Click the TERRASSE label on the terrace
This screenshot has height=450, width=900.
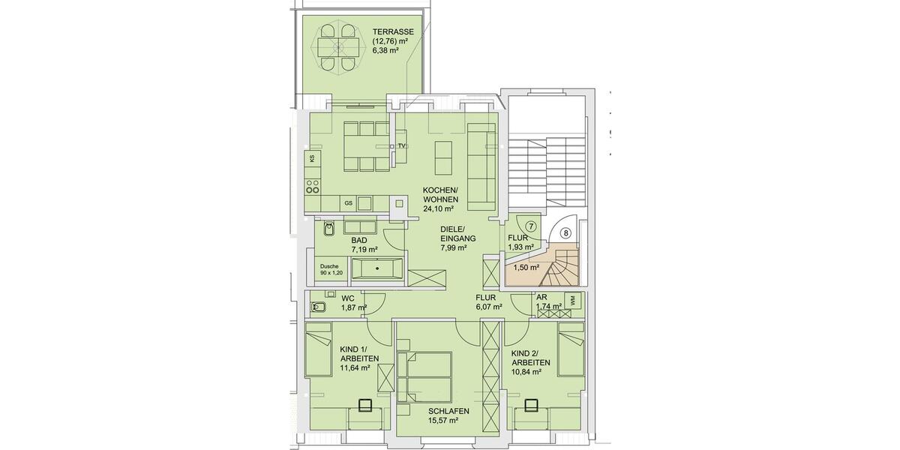click(x=393, y=32)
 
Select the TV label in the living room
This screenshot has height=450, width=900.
click(x=401, y=145)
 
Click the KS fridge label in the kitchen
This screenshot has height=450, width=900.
click(x=312, y=159)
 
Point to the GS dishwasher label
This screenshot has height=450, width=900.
click(x=348, y=203)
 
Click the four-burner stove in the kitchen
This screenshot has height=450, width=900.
click(x=313, y=184)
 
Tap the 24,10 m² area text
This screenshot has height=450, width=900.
click(x=440, y=209)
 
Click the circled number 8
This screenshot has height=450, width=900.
click(x=565, y=233)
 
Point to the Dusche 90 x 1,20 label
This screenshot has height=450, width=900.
click(x=331, y=269)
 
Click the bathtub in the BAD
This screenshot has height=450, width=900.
click(x=377, y=269)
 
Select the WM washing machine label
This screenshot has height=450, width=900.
click(x=574, y=300)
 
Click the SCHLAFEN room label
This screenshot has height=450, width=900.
click(x=448, y=411)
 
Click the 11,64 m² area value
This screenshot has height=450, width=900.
click(x=355, y=367)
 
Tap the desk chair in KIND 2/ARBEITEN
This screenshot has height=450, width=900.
click(x=532, y=406)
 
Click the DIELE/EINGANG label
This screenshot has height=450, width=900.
click(x=453, y=238)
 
